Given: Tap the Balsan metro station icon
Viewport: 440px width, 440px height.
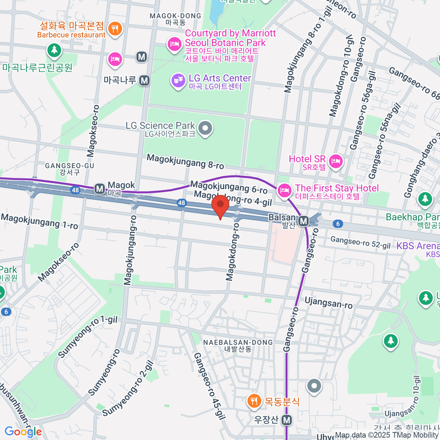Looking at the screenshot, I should pyautogui.click(x=303, y=221).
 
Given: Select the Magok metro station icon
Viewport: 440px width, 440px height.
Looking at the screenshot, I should pyautogui.click(x=99, y=189).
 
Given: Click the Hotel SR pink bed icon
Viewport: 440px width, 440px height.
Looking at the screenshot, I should pyautogui.click(x=335, y=161).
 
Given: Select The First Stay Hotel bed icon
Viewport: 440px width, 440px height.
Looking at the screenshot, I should pyautogui.click(x=284, y=190).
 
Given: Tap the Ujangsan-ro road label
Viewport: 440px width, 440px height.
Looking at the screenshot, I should pyautogui.click(x=329, y=303).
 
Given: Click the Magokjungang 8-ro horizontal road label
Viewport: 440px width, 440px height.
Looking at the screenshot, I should pyautogui.click(x=185, y=161).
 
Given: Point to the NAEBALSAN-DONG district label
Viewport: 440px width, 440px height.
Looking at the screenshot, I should pyautogui.click(x=238, y=342).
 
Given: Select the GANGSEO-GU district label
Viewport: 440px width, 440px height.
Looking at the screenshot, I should pyautogui.click(x=70, y=166).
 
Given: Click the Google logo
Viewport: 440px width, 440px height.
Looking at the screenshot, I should pyautogui.click(x=23, y=432).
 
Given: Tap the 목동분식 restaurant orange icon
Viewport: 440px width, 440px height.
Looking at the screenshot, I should pyautogui.click(x=254, y=401).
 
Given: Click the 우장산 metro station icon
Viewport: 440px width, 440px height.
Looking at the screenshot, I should pyautogui.click(x=287, y=420).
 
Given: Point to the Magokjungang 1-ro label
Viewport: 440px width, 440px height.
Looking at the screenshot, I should pyautogui.click(x=40, y=221).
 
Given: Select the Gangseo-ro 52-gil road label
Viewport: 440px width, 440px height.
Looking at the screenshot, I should pyautogui.click(x=360, y=242).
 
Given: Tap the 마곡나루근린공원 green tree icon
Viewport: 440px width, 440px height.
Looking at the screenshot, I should pyautogui.click(x=54, y=50).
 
